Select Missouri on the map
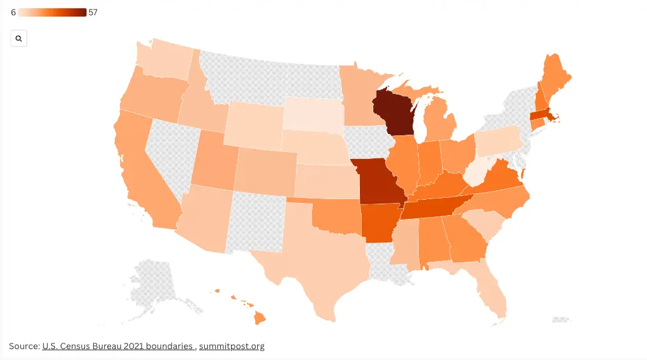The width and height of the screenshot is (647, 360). click(x=381, y=181)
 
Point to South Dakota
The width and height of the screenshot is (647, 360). click(x=313, y=113)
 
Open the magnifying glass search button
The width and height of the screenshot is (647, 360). click(x=19, y=39)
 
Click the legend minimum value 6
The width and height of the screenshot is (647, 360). click(x=13, y=13)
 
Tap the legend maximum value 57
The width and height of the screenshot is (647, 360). click(x=93, y=13)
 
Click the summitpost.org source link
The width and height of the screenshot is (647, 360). click(x=232, y=346)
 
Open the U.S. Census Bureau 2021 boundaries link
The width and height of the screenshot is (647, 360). click(x=118, y=346)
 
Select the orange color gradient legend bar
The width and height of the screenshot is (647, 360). click(x=52, y=13)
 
